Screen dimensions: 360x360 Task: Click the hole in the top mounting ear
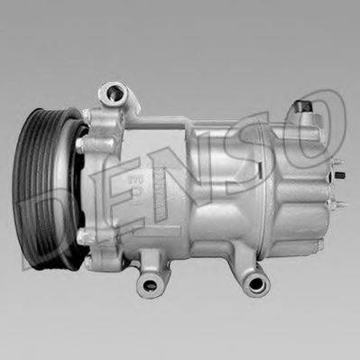point(113,92)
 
